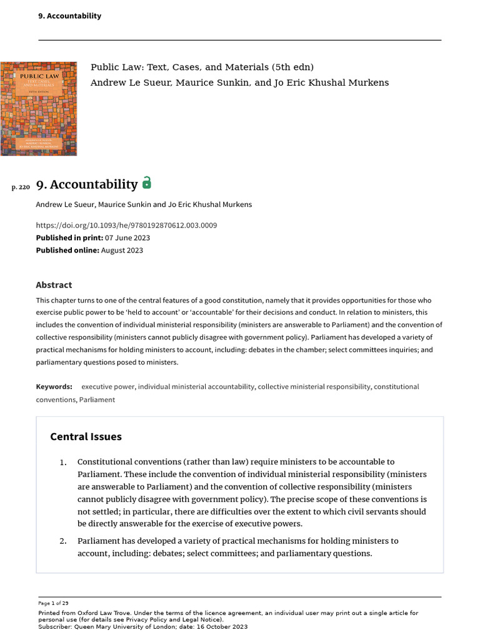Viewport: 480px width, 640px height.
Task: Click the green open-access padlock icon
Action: point(147,182)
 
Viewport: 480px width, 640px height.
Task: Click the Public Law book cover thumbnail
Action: point(38,109)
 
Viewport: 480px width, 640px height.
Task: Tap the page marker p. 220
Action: point(21,186)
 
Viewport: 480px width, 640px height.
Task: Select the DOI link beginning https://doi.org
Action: point(126,225)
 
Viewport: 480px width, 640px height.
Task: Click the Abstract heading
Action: point(54,285)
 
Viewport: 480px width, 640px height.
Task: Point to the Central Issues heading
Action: point(86,436)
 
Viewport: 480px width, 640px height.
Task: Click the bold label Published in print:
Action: point(65,237)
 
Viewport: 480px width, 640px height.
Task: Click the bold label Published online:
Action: point(67,250)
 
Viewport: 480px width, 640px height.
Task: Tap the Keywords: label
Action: point(54,387)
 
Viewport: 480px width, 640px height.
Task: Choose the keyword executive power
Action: point(107,387)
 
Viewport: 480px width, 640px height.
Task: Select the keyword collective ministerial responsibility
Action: point(314,387)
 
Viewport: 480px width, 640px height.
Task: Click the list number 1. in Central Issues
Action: point(62,462)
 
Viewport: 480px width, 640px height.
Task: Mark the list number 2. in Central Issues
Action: point(62,541)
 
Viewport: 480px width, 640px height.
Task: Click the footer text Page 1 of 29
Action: point(53,603)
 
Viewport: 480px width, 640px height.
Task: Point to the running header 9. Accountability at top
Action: point(69,16)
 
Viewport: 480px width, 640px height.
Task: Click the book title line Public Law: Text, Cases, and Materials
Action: point(202,67)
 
